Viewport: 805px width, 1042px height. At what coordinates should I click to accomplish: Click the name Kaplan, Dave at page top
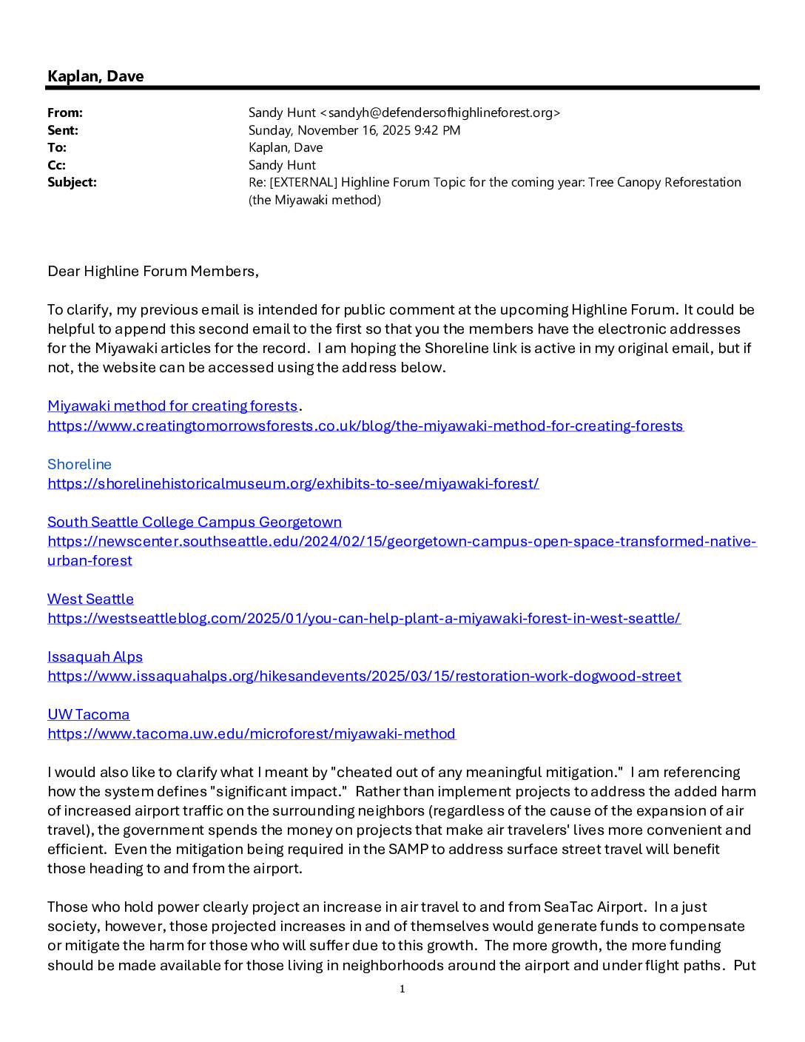95,76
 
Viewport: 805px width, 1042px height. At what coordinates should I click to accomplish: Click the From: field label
65,112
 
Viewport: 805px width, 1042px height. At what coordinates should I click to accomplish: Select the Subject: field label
72,182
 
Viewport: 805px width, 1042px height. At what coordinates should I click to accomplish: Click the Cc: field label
56,165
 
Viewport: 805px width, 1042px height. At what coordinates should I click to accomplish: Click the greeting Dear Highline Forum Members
152,271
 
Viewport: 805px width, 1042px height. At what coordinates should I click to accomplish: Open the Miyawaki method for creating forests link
172,406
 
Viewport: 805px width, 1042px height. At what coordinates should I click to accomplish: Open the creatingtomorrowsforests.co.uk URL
366,426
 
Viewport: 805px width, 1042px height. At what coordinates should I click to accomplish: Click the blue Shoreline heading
79,464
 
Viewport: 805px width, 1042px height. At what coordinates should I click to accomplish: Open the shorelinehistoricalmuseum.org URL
293,483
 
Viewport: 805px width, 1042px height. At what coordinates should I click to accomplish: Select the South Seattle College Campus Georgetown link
195,522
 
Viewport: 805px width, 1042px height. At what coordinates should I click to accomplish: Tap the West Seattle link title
90,599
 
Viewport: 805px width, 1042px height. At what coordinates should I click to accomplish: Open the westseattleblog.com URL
364,618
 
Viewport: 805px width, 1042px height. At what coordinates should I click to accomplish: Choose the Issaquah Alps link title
95,656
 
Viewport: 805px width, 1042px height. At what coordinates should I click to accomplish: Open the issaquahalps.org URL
364,676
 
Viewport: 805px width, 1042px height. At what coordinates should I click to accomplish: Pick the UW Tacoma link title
88,714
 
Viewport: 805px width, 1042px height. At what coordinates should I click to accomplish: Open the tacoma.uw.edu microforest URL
252,733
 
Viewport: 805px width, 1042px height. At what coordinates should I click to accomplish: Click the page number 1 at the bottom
402,989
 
